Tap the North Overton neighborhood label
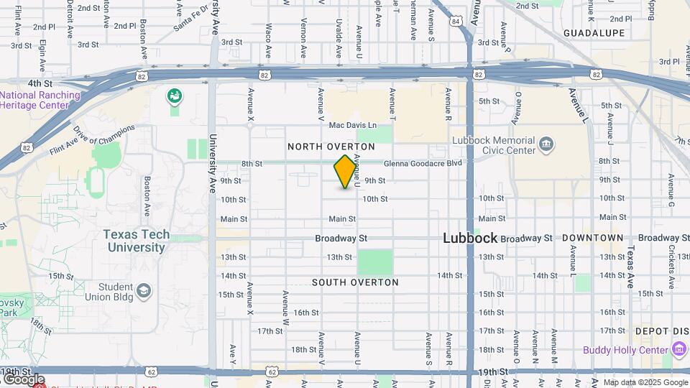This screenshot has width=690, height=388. [x=331, y=147]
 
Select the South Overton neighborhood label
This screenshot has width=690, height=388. [x=355, y=282]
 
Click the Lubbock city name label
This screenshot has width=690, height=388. [x=469, y=238]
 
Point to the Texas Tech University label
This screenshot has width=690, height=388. [x=137, y=241]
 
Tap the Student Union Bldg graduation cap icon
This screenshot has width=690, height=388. [x=144, y=290]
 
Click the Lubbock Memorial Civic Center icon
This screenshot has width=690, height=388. [x=546, y=146]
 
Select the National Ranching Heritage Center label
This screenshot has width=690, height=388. [x=40, y=100]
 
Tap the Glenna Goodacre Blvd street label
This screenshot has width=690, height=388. [x=422, y=163]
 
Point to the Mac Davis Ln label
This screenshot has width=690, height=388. [x=352, y=125]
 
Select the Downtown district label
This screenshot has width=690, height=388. [x=593, y=238]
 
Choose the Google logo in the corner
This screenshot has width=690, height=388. [x=23, y=379]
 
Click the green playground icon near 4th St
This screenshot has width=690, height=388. [x=174, y=96]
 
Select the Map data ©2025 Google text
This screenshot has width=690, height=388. [x=645, y=382]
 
